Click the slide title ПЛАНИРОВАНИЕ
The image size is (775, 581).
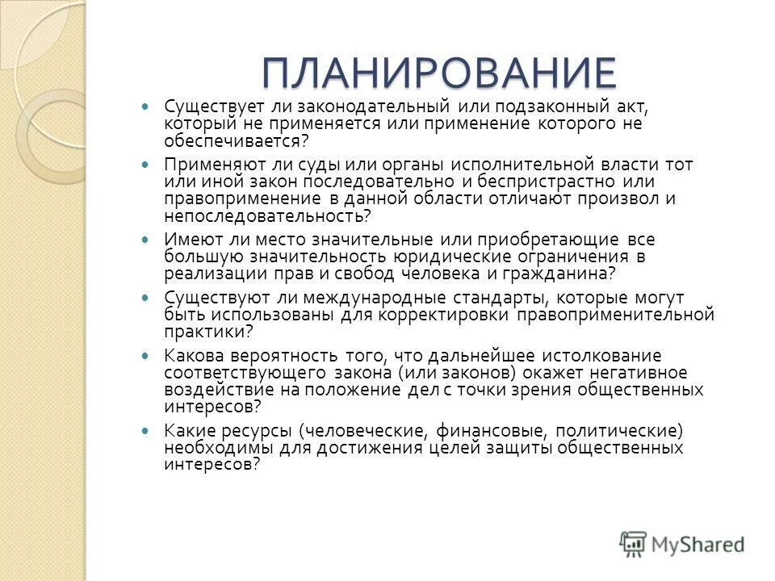pos(438,74)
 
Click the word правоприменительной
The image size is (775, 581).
pos(614,315)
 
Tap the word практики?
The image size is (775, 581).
pos(208,331)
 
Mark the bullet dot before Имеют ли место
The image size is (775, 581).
pos(145,240)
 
